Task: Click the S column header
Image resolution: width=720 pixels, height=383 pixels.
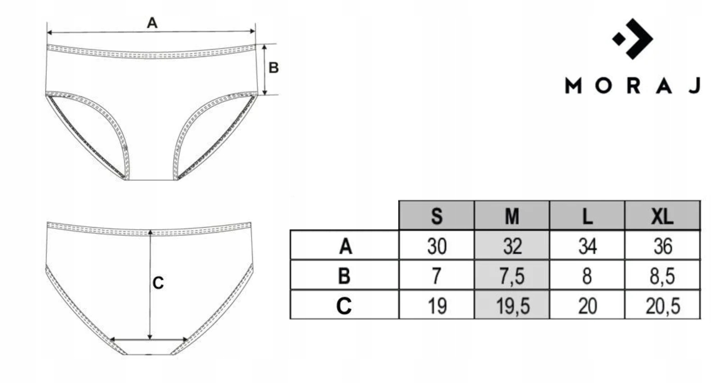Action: pyautogui.click(x=436, y=215)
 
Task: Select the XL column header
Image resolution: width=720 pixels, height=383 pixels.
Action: pyautogui.click(x=662, y=215)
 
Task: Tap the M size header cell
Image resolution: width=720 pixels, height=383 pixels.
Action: pyautogui.click(x=512, y=215)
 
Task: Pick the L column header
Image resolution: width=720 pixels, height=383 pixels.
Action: pyautogui.click(x=587, y=215)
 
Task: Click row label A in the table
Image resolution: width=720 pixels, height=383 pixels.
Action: pyautogui.click(x=345, y=246)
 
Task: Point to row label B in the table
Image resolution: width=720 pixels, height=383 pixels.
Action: pyautogui.click(x=344, y=276)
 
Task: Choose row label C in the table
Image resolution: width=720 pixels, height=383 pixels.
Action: pyautogui.click(x=344, y=306)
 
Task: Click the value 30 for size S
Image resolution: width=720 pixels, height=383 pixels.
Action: pyautogui.click(x=436, y=245)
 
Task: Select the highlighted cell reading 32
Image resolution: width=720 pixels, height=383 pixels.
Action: pyautogui.click(x=512, y=245)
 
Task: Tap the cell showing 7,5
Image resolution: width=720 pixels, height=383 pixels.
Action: pyautogui.click(x=512, y=275)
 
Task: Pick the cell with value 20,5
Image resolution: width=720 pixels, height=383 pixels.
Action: pyautogui.click(x=662, y=305)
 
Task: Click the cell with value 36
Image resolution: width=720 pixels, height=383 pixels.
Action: pyautogui.click(x=662, y=245)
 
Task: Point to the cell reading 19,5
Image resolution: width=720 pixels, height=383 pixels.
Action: pyautogui.click(x=512, y=305)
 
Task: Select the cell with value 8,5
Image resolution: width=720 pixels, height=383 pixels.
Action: pyautogui.click(x=662, y=275)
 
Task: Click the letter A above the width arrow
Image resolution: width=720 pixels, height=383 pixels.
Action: pyautogui.click(x=152, y=23)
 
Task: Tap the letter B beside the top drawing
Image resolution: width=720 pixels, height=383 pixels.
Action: pyautogui.click(x=273, y=68)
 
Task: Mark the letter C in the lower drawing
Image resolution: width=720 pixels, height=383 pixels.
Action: pyautogui.click(x=158, y=283)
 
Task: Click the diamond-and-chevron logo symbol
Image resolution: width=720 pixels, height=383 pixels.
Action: pyautogui.click(x=633, y=39)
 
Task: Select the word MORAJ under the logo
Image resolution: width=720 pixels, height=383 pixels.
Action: pyautogui.click(x=633, y=86)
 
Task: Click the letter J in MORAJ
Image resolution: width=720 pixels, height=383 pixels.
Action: pyautogui.click(x=695, y=86)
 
